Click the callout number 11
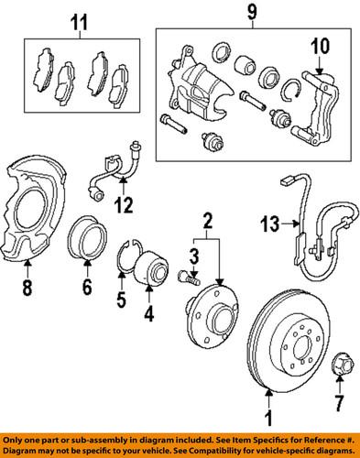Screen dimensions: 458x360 pos(78,18)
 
